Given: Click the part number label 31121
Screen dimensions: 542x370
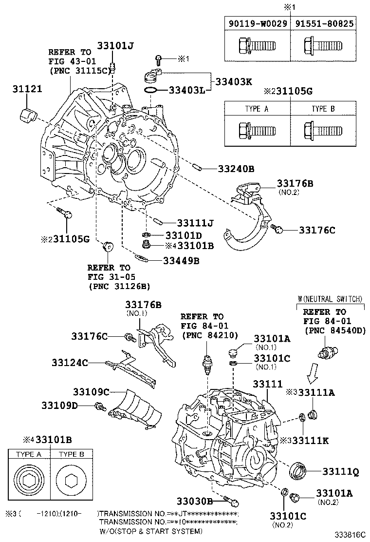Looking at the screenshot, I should coord(27,89).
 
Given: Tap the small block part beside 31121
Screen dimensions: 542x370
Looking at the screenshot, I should coord(29,116).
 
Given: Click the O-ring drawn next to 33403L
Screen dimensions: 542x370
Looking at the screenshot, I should coord(151,90).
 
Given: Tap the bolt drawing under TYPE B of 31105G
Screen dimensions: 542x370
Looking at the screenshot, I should coord(321,131).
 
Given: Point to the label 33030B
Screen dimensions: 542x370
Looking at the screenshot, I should coord(194,501).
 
